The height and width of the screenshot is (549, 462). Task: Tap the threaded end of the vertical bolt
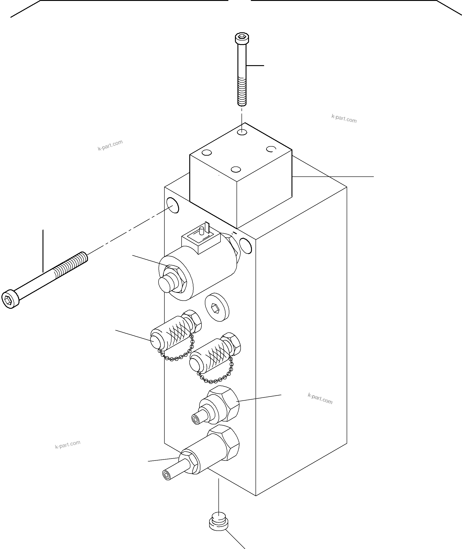(242, 92)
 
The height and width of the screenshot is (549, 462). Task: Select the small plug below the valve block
(218, 521)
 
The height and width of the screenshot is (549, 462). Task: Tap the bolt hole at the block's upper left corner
(173, 205)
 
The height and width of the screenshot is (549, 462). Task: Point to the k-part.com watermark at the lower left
(68, 444)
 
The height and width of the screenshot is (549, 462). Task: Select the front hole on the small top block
(236, 169)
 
